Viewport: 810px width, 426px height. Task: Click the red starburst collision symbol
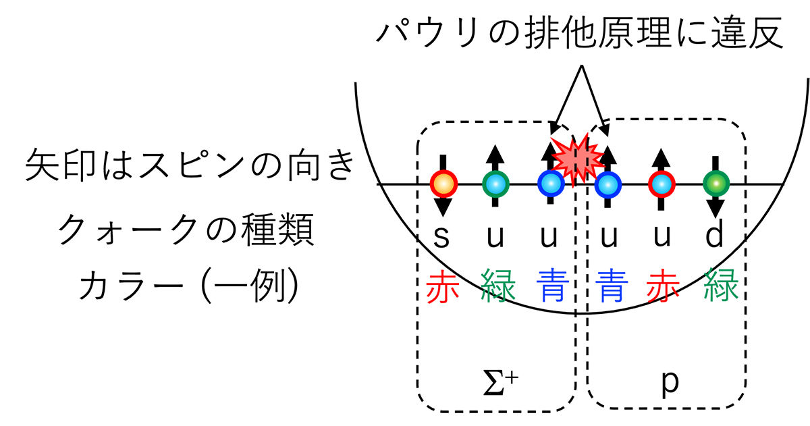(x=578, y=161)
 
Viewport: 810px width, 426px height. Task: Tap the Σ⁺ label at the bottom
(x=500, y=384)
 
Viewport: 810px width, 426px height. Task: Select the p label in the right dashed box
(x=670, y=384)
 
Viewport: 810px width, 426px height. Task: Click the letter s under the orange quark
(x=441, y=237)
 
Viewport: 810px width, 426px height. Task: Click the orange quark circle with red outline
(x=443, y=184)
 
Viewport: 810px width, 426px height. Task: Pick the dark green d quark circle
(x=716, y=184)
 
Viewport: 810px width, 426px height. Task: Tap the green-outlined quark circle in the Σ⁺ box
(x=495, y=184)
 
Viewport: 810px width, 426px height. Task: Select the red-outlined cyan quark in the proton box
(x=661, y=184)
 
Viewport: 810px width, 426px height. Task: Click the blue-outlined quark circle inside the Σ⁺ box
(x=551, y=184)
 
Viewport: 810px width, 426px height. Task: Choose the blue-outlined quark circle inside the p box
(x=608, y=185)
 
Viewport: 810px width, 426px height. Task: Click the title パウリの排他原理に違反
(x=580, y=32)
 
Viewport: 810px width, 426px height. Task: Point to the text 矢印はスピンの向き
(x=189, y=166)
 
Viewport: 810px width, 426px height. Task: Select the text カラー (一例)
(x=189, y=286)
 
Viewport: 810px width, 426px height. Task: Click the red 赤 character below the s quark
(x=443, y=286)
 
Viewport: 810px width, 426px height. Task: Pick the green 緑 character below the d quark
(x=721, y=286)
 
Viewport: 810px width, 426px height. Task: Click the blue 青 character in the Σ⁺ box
(x=553, y=286)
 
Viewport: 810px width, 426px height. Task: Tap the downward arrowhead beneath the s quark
(x=443, y=207)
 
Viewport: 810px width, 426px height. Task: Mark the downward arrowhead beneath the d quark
(x=715, y=209)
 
